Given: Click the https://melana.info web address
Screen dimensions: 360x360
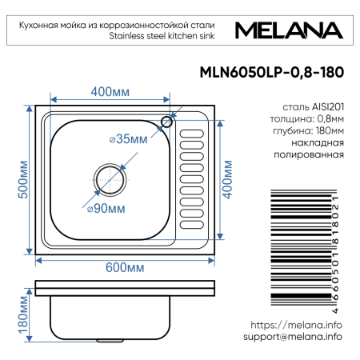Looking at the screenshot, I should pyautogui.click(x=296, y=325).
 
